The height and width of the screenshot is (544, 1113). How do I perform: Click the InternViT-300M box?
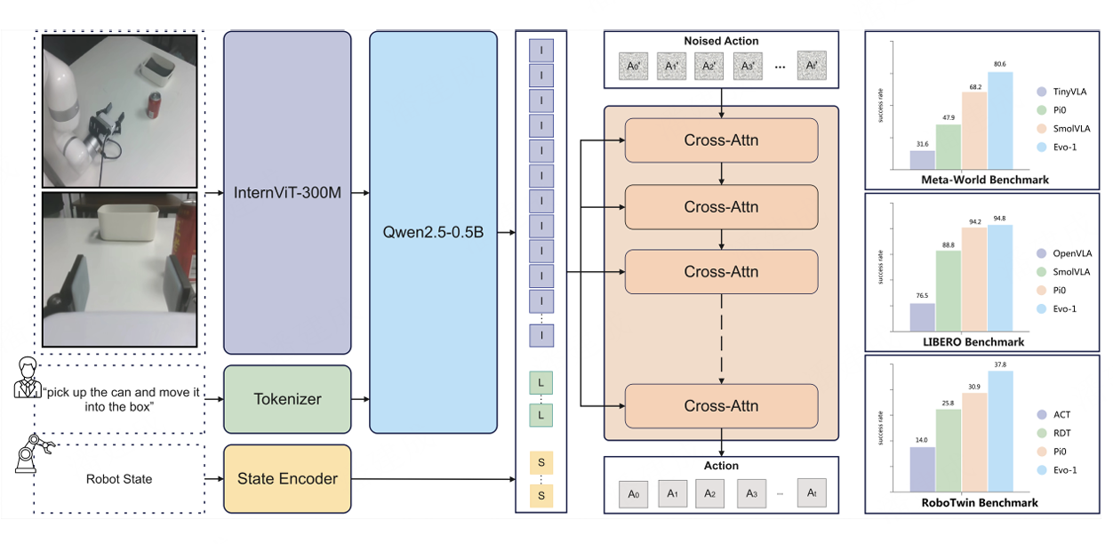(287, 192)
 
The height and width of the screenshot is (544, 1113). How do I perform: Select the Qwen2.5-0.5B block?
(434, 232)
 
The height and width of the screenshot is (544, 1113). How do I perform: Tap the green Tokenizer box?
(287, 400)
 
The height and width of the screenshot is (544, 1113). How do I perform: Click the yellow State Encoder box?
(287, 479)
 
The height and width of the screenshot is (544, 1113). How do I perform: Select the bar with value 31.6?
(922, 160)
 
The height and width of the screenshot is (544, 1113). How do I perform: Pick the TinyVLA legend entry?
(1063, 92)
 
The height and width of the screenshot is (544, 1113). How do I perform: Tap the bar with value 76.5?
(922, 316)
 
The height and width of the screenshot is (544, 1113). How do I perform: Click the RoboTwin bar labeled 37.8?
(1000, 429)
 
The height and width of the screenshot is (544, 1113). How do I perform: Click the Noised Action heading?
(721, 42)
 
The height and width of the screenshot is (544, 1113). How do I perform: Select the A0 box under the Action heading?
(633, 493)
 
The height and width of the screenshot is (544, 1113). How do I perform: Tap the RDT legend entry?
(1057, 433)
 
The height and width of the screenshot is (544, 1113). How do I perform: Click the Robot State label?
(118, 479)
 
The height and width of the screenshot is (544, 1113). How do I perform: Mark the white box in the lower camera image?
(127, 222)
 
